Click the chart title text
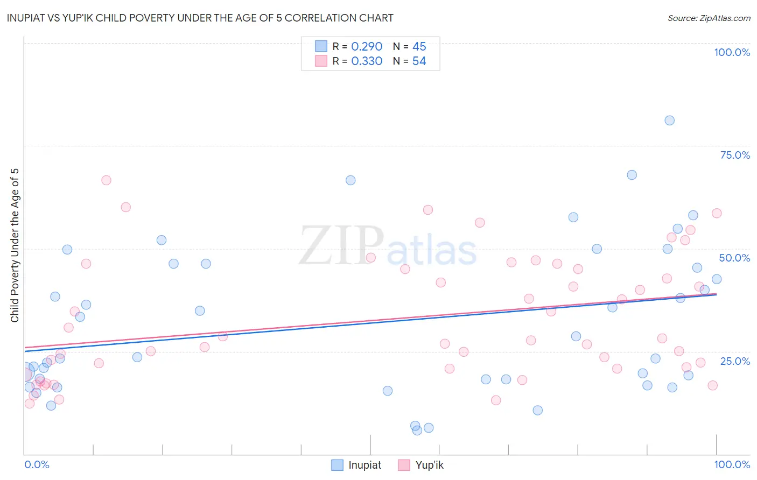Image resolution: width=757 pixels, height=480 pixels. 200,18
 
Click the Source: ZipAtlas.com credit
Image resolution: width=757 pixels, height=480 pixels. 709,18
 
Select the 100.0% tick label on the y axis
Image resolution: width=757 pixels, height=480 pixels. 732,52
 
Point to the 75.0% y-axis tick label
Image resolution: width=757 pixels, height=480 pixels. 735,155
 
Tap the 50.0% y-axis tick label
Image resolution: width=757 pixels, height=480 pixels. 734,258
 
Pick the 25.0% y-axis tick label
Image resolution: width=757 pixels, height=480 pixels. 735,361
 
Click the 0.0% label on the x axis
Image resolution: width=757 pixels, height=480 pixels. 37,464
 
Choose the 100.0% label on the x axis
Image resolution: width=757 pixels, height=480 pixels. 732,464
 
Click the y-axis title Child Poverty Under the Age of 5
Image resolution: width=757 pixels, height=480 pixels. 15,245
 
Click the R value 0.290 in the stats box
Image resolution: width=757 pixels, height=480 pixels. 367,47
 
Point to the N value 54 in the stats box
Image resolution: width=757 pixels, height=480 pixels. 419,61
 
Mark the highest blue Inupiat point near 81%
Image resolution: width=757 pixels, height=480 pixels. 669,121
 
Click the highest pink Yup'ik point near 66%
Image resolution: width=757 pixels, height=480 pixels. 106,180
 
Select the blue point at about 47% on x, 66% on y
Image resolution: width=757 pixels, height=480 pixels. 351,180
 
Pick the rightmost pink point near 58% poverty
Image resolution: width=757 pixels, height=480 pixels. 717,213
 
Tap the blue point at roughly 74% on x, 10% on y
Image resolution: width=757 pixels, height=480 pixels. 537,411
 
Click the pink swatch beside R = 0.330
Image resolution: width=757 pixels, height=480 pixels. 321,61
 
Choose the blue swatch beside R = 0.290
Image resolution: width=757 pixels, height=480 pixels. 321,46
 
